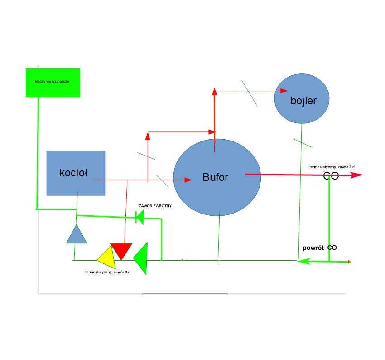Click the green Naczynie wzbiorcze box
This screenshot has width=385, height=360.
pos(53,83)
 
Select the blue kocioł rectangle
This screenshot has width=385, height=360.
pos(76,173)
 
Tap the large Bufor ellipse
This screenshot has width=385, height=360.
pos(217,177)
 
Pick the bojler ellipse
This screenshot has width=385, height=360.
pos(302,98)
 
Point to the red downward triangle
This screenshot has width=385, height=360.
pos(121,250)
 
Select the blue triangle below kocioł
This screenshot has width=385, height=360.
pos(76,235)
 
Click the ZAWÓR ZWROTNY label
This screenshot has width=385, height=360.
pos(155,205)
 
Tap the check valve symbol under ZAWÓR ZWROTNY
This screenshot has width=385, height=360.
pos(140,218)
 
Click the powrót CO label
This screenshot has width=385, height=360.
pos(320,248)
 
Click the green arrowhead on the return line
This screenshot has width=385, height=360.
pos(303,261)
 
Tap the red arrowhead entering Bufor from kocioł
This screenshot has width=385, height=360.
pos(188,180)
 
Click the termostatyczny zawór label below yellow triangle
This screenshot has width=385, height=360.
pos(108,272)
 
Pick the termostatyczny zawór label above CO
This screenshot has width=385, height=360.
pos(332,167)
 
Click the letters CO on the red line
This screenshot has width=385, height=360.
pos(331,176)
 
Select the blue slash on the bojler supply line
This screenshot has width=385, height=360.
pos(250,93)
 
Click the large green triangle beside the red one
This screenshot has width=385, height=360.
pos(142,258)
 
